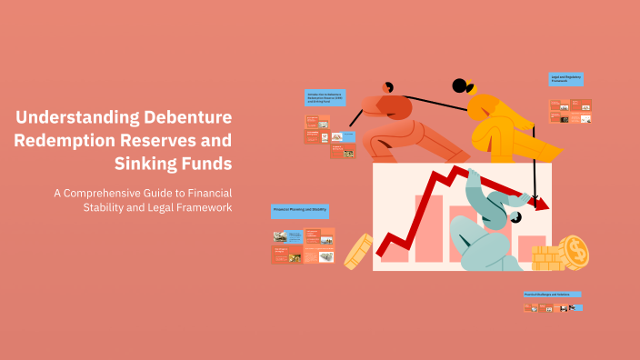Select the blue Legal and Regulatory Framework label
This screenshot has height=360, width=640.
tap(565, 80)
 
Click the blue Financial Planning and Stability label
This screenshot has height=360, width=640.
tap(300, 211)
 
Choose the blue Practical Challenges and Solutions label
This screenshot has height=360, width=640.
tap(552, 295)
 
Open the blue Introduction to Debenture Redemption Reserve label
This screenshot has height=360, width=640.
tap(325, 98)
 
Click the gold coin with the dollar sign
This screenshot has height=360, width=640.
tap(574, 252)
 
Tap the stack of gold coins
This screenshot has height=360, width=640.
tap(547, 258)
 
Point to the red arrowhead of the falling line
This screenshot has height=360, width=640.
tap(541, 204)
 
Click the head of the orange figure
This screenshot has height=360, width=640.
tap(389, 87)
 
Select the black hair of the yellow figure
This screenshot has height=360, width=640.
tap(462, 86)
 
